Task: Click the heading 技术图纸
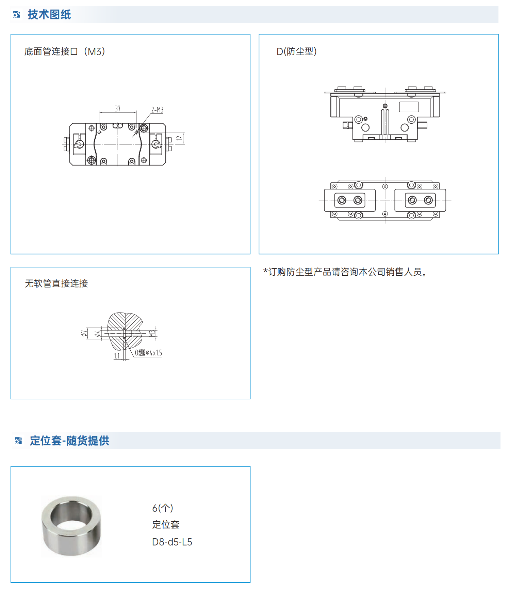point(49,15)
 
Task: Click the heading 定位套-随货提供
point(69,441)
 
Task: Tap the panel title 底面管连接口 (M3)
point(65,51)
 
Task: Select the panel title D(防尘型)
point(297,51)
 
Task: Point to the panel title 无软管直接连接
point(56,284)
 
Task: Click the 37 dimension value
point(118,108)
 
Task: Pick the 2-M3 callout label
point(157,110)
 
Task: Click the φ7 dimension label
point(84,333)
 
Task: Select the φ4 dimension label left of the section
point(98,333)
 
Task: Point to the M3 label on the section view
point(152,333)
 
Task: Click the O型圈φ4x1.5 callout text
point(149,353)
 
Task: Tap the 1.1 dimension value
point(117,356)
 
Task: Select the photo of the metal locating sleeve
point(71,526)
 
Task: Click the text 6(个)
point(163,508)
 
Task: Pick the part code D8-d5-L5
point(172,542)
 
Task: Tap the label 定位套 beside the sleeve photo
point(166,525)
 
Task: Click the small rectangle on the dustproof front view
point(409,107)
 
